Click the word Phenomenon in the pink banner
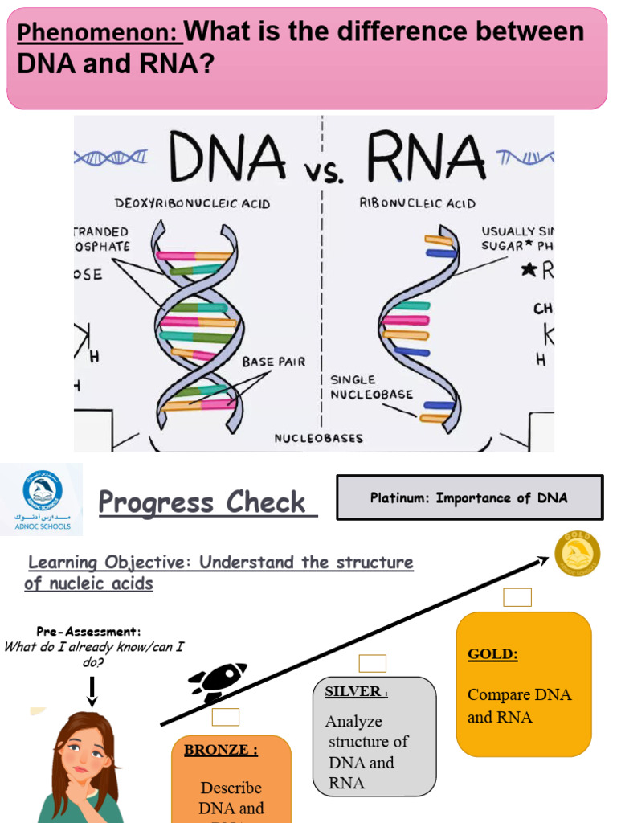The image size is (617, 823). click(x=99, y=34)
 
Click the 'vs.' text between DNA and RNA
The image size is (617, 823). click(x=325, y=172)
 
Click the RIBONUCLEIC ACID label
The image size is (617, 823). click(x=417, y=203)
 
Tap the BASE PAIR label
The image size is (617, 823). click(x=273, y=362)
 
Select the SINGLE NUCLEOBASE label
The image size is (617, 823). click(x=371, y=387)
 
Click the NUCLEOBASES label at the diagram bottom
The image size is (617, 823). click(x=319, y=439)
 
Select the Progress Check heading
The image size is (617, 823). click(x=202, y=503)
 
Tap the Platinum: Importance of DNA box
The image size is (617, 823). click(x=468, y=497)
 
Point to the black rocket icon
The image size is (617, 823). click(x=217, y=682)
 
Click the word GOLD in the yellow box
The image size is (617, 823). click(x=492, y=654)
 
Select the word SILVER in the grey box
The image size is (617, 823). click(x=353, y=692)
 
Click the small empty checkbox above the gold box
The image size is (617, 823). click(x=517, y=597)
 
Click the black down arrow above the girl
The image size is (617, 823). click(x=92, y=690)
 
